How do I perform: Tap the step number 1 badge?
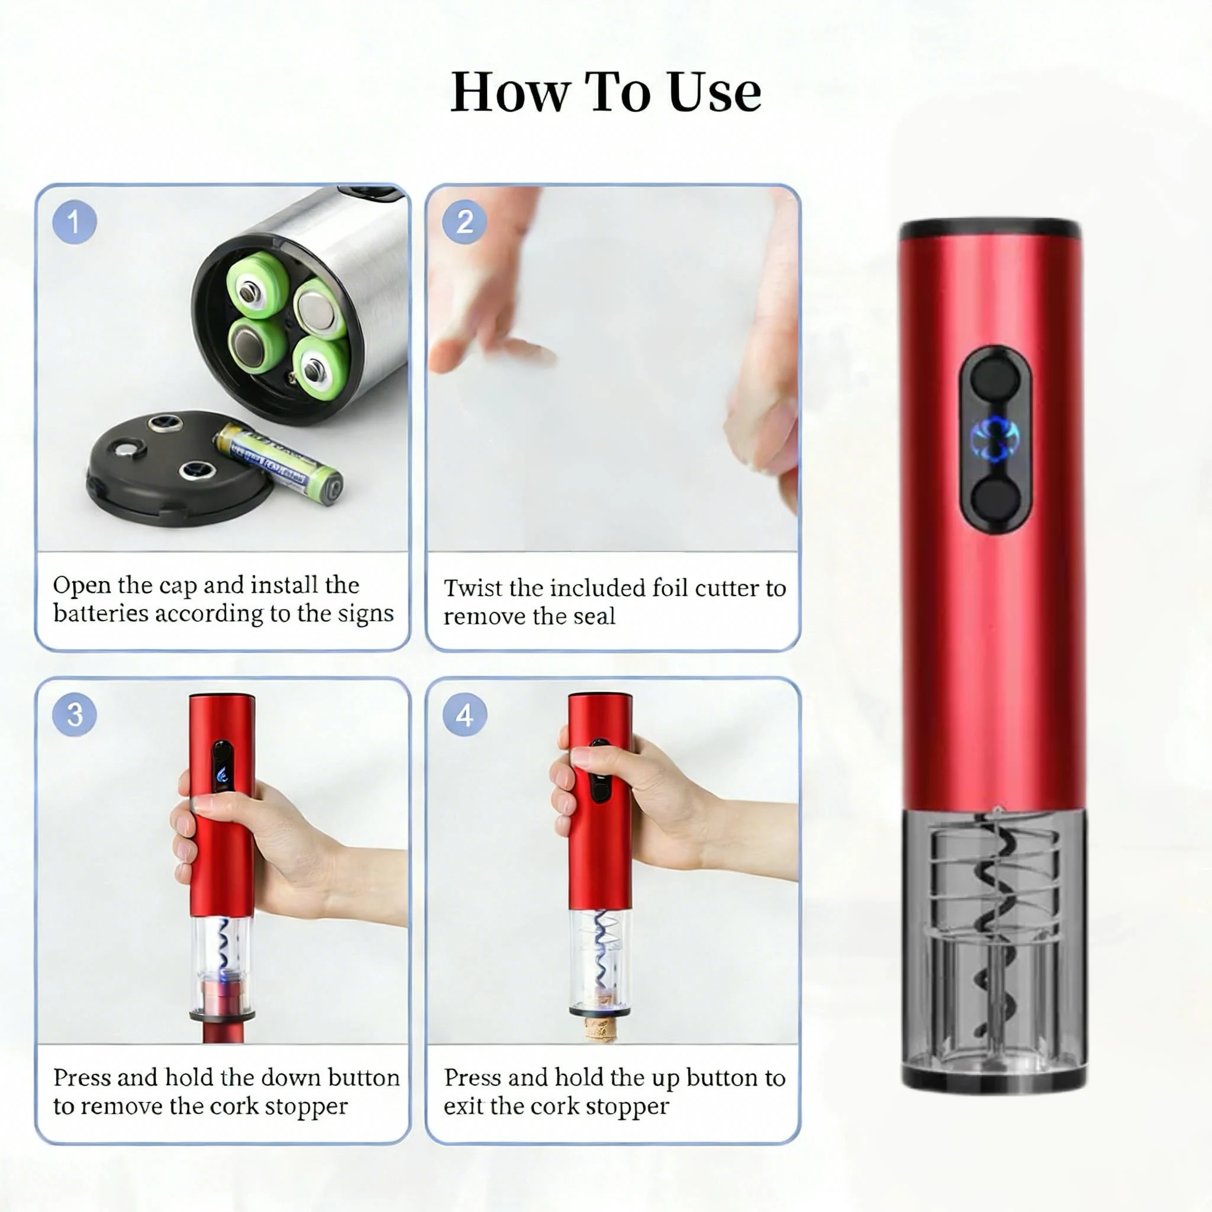(x=75, y=222)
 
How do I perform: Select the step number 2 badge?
(x=465, y=222)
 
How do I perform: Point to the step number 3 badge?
(x=75, y=715)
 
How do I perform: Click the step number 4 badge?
(x=465, y=715)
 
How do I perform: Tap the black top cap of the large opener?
(x=991, y=229)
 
